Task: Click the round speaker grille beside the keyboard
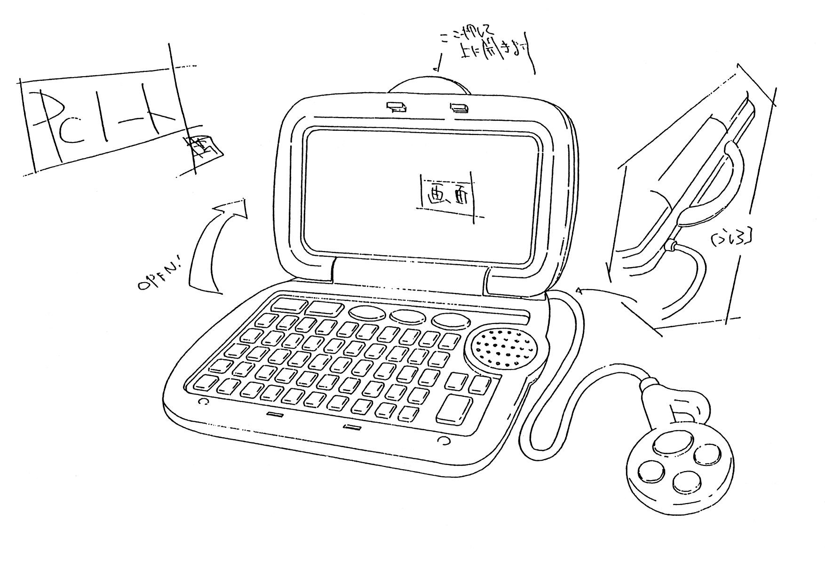500,348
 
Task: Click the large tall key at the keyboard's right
454,409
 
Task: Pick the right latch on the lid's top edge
459,108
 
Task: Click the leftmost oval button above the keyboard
368,314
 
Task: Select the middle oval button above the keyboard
409,316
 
